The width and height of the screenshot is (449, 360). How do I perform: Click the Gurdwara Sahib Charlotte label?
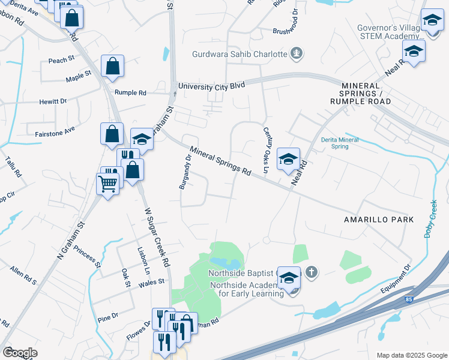(x=240, y=54)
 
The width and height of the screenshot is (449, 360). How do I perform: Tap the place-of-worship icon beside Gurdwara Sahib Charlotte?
(x=296, y=55)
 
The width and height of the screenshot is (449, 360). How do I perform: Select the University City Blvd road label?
(x=211, y=86)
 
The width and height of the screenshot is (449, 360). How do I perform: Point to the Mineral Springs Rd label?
(x=220, y=161)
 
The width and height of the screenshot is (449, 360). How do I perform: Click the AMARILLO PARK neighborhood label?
(x=379, y=220)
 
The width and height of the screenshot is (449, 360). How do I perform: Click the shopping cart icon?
(x=107, y=183)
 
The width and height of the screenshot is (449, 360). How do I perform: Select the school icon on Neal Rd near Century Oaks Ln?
(x=288, y=158)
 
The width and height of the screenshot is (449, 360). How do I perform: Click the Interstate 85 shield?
(x=408, y=298)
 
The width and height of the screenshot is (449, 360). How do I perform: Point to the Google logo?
(x=20, y=353)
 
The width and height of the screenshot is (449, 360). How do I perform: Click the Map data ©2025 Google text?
(x=412, y=355)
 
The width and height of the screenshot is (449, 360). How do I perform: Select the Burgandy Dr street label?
(x=185, y=172)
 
